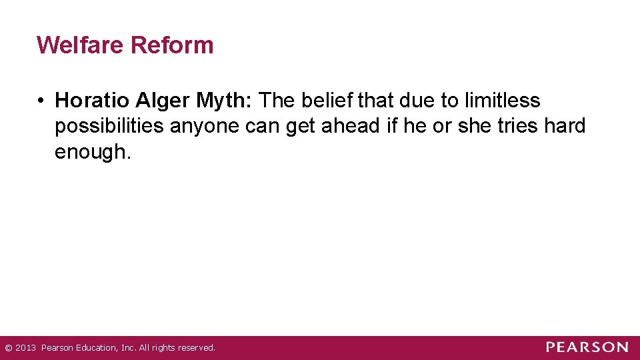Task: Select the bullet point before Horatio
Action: tap(41, 101)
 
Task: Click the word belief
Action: tap(329, 101)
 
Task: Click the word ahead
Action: tap(351, 126)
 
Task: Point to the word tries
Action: tap(511, 126)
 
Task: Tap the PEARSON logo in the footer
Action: tap(587, 347)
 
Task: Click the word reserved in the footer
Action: tap(196, 347)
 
